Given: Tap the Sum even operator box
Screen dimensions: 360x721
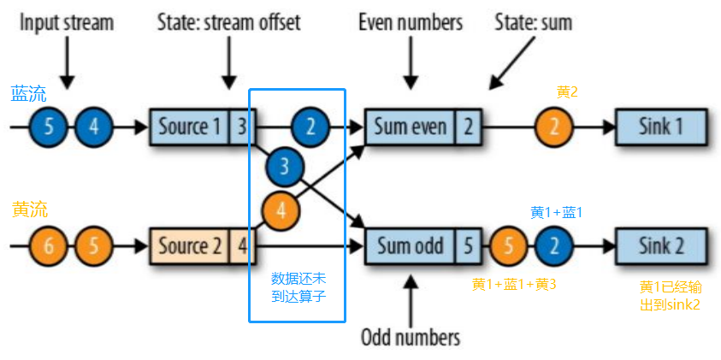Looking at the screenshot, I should (x=410, y=127).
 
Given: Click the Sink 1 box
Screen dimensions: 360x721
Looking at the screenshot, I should (x=660, y=127).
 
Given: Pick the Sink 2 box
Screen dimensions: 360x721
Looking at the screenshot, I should (x=660, y=246).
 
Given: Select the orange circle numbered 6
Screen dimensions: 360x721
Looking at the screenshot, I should (x=49, y=246).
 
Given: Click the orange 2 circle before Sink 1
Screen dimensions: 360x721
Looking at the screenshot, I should (x=555, y=127).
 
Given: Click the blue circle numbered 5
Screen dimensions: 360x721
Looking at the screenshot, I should (x=49, y=127).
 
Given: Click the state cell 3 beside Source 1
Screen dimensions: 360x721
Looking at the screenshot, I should (x=241, y=127).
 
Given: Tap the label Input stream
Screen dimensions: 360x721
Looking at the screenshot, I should (x=67, y=22).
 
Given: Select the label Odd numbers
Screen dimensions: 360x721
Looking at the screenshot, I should (x=411, y=336).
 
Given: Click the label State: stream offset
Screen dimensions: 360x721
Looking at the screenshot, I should (x=228, y=22).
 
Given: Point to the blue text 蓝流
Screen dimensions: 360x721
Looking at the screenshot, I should (x=28, y=93).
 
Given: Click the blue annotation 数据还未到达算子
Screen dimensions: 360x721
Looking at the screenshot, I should (x=297, y=287).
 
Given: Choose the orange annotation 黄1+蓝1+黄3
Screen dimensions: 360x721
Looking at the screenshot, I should (x=514, y=284).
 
